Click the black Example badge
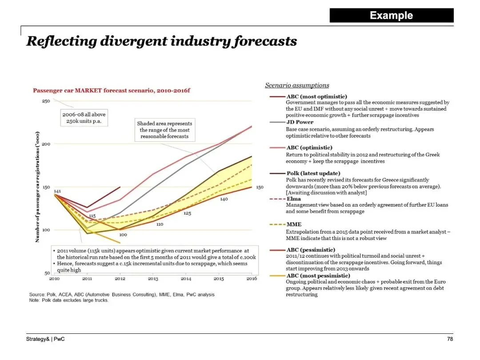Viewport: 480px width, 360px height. (x=392, y=16)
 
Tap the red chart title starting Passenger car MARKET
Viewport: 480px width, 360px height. (x=112, y=91)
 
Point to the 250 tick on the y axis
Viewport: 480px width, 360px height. (x=46, y=101)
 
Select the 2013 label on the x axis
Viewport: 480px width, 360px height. (x=153, y=279)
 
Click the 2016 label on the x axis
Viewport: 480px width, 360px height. (x=252, y=279)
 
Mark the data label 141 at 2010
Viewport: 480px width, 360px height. (x=57, y=191)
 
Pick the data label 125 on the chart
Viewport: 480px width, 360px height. (x=187, y=214)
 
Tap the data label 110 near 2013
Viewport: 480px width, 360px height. (x=160, y=224)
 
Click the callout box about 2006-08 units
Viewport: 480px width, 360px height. (x=84, y=118)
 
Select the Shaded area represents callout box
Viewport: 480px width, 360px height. (x=164, y=130)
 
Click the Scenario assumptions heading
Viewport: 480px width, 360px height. (x=297, y=85)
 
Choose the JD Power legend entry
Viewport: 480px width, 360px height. (x=300, y=122)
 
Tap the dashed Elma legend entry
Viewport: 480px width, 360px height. (x=294, y=199)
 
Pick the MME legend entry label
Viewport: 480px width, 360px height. (x=294, y=224)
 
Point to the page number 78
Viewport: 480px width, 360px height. (x=450, y=339)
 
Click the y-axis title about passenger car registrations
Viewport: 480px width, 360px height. (x=39, y=187)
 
